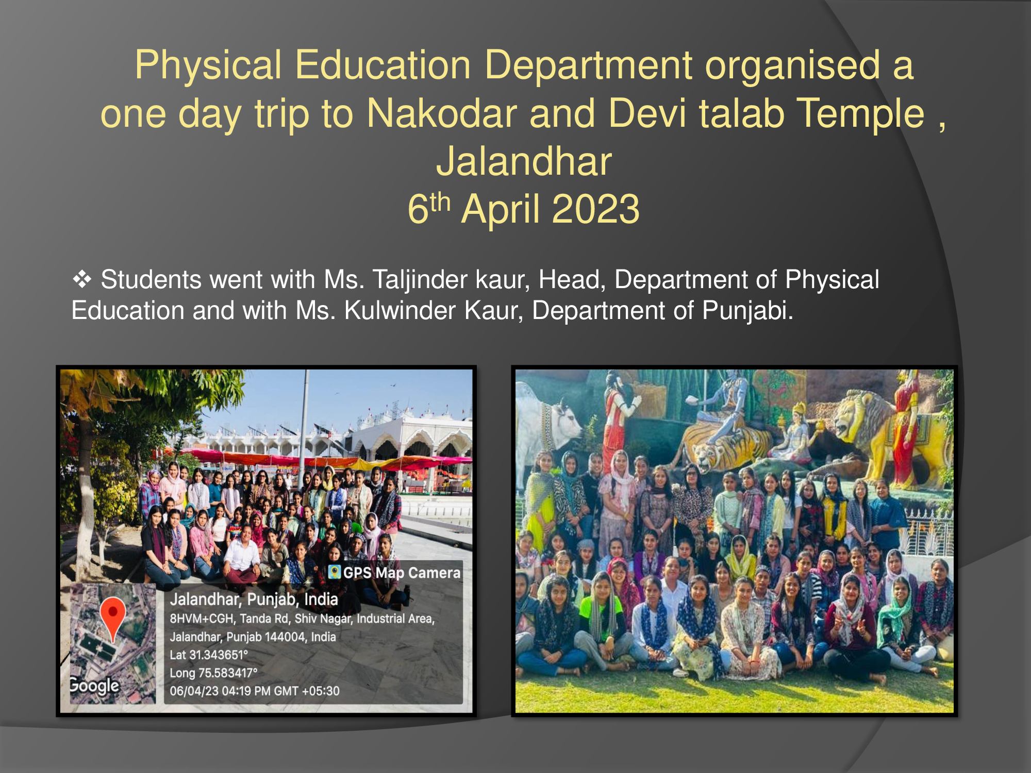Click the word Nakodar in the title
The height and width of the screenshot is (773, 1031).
(x=441, y=113)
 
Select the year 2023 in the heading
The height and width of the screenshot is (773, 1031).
(x=595, y=209)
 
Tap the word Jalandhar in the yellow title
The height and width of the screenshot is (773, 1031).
(x=524, y=161)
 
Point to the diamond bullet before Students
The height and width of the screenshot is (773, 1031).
(x=82, y=280)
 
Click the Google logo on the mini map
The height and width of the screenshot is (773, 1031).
(x=94, y=685)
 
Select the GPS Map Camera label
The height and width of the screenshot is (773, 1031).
(x=395, y=573)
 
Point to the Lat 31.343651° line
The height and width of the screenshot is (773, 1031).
(x=209, y=655)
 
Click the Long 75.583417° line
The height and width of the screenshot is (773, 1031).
(x=213, y=673)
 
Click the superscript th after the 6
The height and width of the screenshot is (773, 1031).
(x=440, y=202)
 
